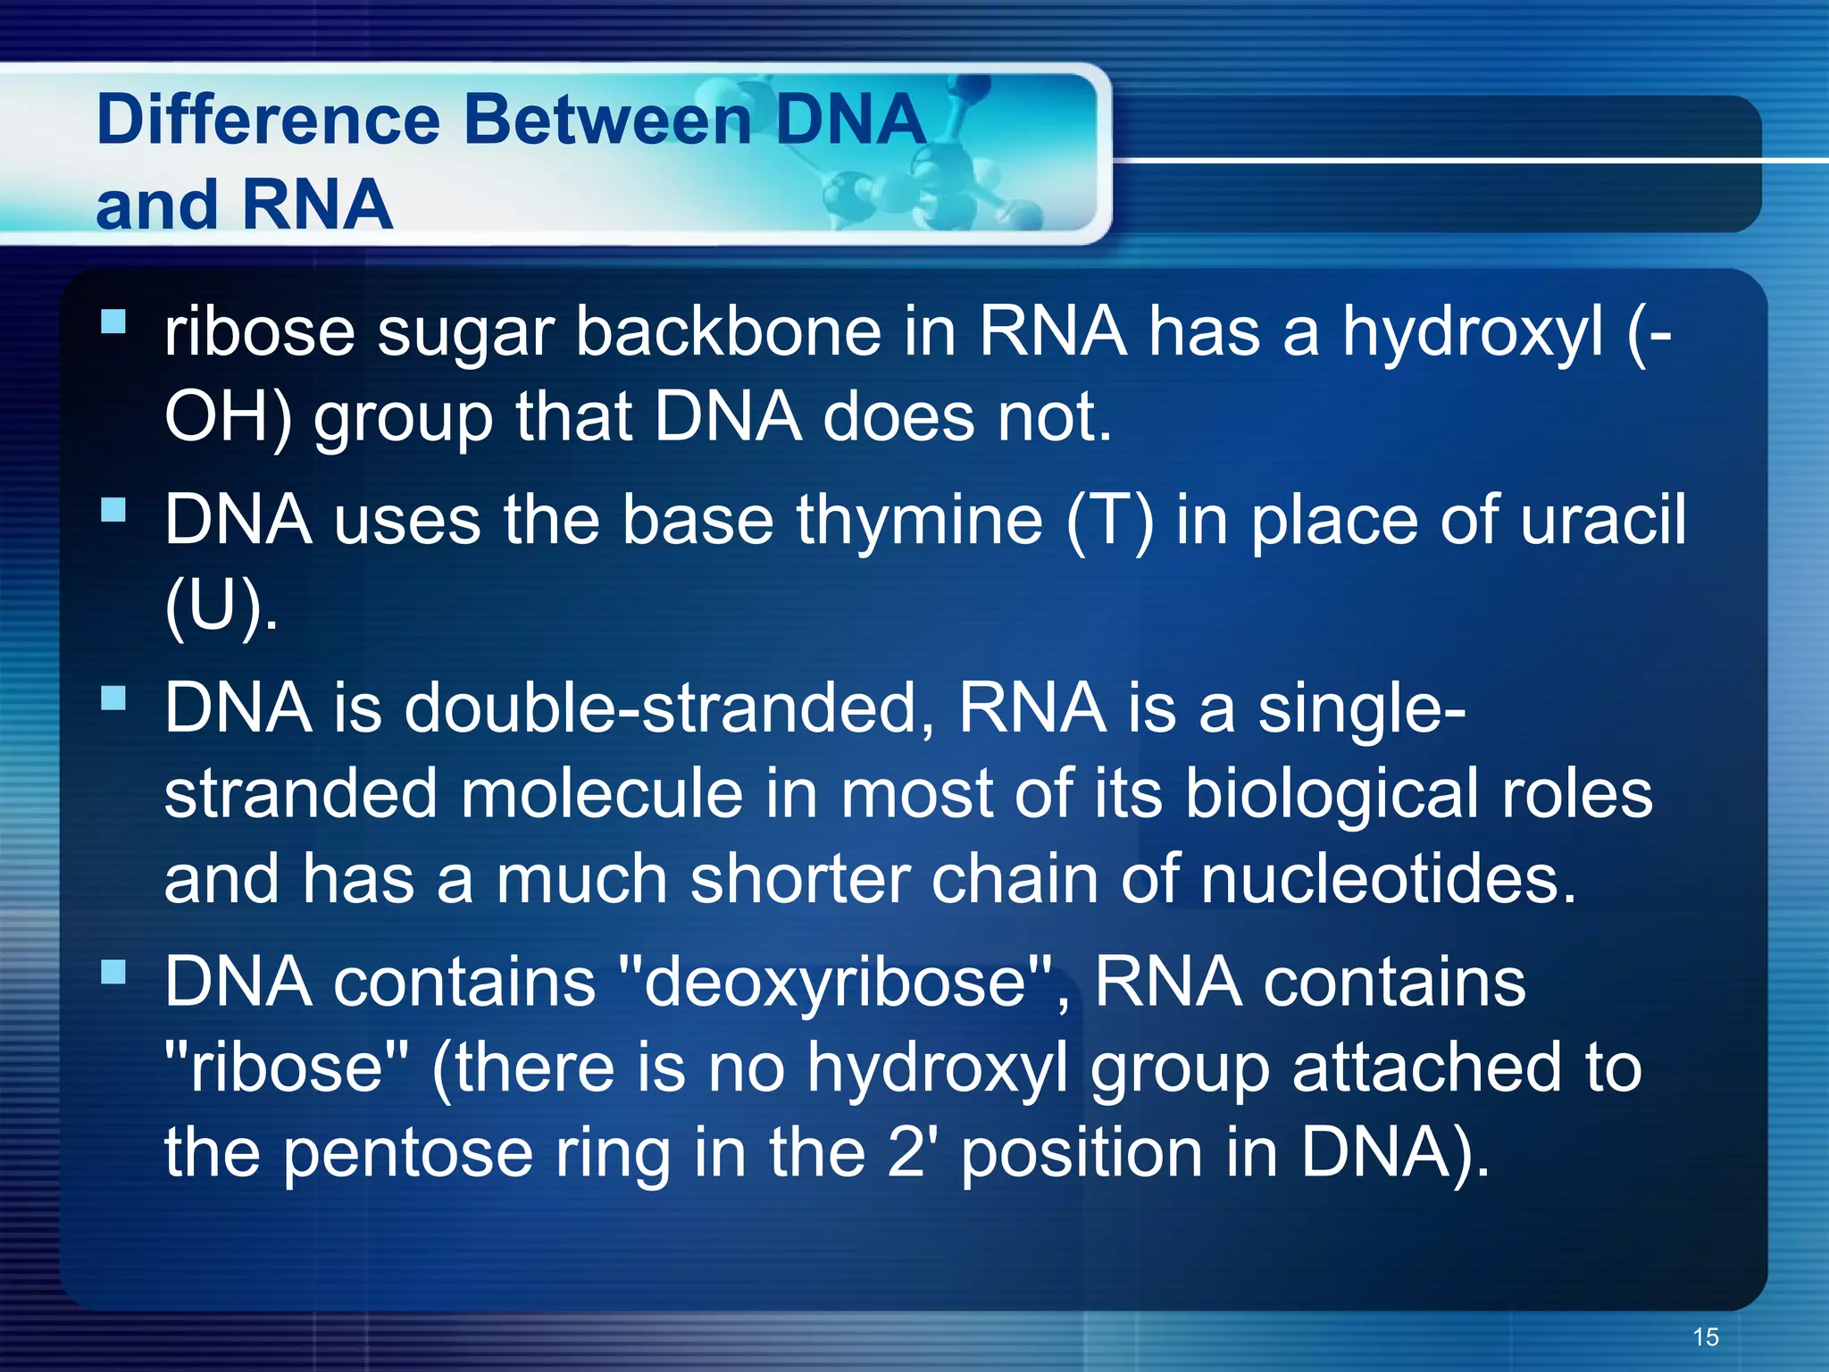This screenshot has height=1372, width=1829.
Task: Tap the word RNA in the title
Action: (x=316, y=205)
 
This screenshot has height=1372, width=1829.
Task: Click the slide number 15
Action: (x=1705, y=1337)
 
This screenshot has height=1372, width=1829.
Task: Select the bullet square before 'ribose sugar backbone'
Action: (x=113, y=321)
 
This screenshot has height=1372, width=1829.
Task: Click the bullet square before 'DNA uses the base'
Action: (x=113, y=510)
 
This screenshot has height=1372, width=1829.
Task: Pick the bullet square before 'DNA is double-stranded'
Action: (x=113, y=698)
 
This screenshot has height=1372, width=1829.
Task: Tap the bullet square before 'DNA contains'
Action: (x=113, y=972)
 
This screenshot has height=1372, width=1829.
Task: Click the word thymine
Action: (x=920, y=520)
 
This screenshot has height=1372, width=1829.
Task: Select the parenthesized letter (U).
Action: (x=219, y=606)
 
